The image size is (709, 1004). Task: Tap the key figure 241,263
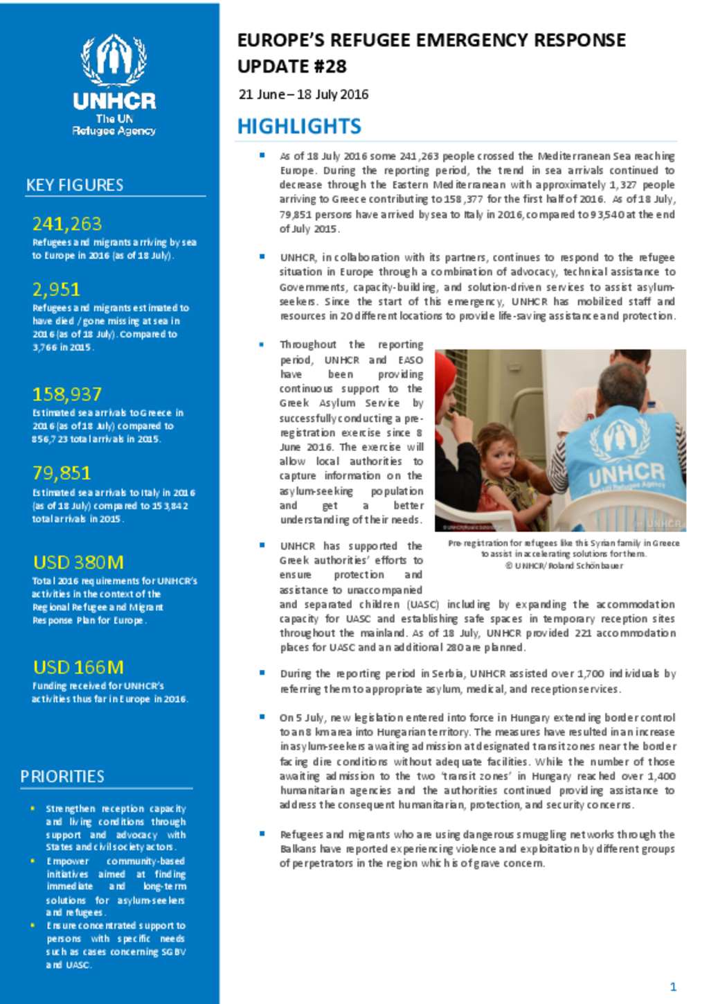[66, 224]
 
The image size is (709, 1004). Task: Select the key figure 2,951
[56, 289]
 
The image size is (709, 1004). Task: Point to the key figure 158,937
[67, 394]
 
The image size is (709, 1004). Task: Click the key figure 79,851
[62, 473]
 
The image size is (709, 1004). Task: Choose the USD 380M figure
[78, 562]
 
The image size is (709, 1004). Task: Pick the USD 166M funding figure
[78, 667]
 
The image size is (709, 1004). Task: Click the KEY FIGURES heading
[75, 185]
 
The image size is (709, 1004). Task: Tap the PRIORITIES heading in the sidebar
[62, 776]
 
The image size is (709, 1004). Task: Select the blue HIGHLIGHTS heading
[299, 126]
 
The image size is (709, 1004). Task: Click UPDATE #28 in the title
[291, 67]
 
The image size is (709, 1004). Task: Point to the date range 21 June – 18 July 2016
[303, 94]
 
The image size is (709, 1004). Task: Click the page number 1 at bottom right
[673, 987]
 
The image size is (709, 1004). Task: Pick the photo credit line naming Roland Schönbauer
[564, 566]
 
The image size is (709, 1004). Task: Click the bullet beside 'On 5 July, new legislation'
[262, 716]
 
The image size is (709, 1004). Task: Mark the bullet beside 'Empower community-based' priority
[32, 861]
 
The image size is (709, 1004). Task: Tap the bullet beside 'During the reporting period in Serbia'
[262, 672]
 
